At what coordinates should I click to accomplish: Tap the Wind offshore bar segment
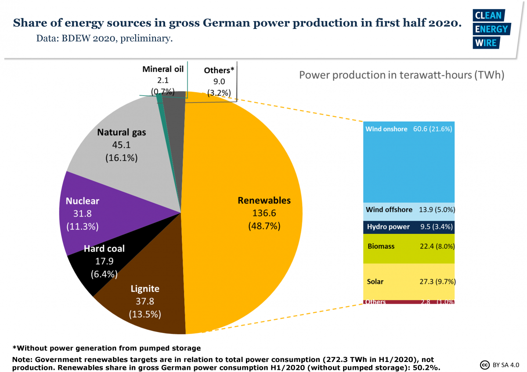pos(408,210)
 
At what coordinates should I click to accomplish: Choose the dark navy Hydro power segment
pos(408,227)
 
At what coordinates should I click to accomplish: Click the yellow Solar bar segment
pos(408,281)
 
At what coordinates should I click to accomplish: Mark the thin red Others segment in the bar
pos(408,302)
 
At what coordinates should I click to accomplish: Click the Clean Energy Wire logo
pos(490,29)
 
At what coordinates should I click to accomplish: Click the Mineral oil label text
pos(163,69)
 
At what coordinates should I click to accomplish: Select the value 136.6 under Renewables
pos(264,213)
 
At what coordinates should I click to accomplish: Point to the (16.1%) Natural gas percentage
pos(122,157)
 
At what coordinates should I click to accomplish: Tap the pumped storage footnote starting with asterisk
pos(106,348)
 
